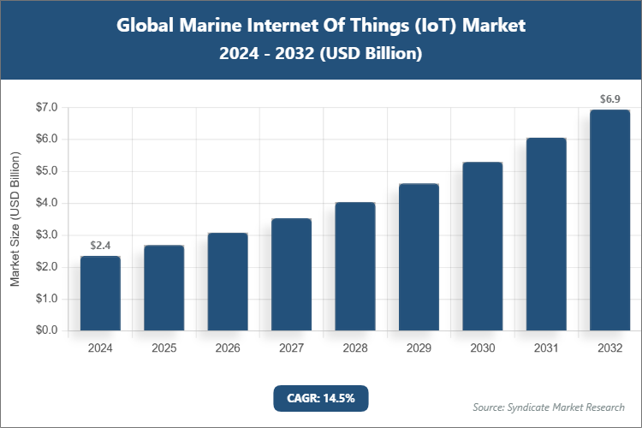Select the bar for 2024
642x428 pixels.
100,294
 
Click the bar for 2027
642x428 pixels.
291,275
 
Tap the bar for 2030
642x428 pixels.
482,247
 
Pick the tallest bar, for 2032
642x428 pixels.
609,220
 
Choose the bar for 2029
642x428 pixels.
419,257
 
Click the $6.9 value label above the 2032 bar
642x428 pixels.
609,99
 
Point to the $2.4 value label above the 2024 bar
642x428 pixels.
100,246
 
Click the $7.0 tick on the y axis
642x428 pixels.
46,108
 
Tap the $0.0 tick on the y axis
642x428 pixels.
46,330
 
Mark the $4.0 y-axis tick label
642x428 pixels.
46,204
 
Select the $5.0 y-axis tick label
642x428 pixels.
46,171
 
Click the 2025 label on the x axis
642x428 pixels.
163,348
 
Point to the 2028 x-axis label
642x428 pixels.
354,348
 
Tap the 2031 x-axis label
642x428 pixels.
546,348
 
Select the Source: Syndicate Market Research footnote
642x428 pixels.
548,407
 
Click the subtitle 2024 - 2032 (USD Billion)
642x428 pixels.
321,53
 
